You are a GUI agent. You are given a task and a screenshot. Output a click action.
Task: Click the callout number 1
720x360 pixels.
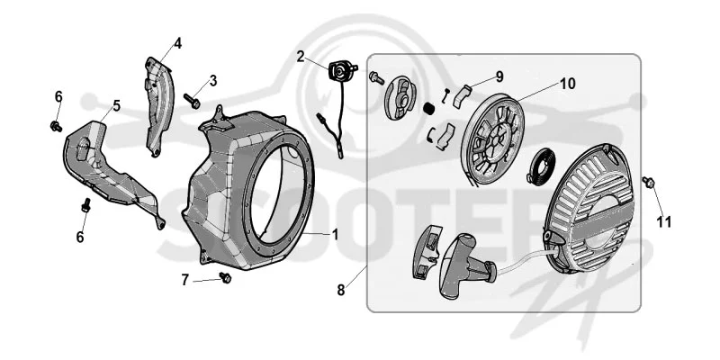coord(335,235)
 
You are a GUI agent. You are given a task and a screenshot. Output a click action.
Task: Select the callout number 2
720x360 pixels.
coord(301,57)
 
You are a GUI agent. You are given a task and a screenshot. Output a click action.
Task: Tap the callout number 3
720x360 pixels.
coord(212,80)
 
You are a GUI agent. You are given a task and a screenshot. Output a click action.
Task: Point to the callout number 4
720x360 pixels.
coord(177,43)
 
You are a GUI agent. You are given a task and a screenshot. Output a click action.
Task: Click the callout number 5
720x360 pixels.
coord(117,105)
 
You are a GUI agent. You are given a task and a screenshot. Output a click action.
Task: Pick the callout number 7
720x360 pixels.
coord(185,280)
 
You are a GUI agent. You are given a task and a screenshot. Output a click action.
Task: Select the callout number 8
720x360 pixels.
coord(341,290)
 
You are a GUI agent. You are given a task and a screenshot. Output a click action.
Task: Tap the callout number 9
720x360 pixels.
coord(499,76)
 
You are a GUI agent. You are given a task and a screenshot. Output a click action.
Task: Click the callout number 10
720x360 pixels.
coord(567,84)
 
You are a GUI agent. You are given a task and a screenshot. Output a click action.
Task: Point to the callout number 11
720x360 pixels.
coord(663,221)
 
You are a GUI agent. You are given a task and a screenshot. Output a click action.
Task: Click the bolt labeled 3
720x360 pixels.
coord(192,101)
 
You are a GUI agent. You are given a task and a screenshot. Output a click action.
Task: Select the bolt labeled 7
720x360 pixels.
coord(225,277)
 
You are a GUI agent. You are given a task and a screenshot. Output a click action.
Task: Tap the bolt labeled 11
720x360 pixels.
coord(648,182)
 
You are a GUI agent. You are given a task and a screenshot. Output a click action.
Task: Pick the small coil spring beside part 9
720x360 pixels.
coord(429,110)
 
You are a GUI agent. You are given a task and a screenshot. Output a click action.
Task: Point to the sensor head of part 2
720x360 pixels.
coord(342,71)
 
